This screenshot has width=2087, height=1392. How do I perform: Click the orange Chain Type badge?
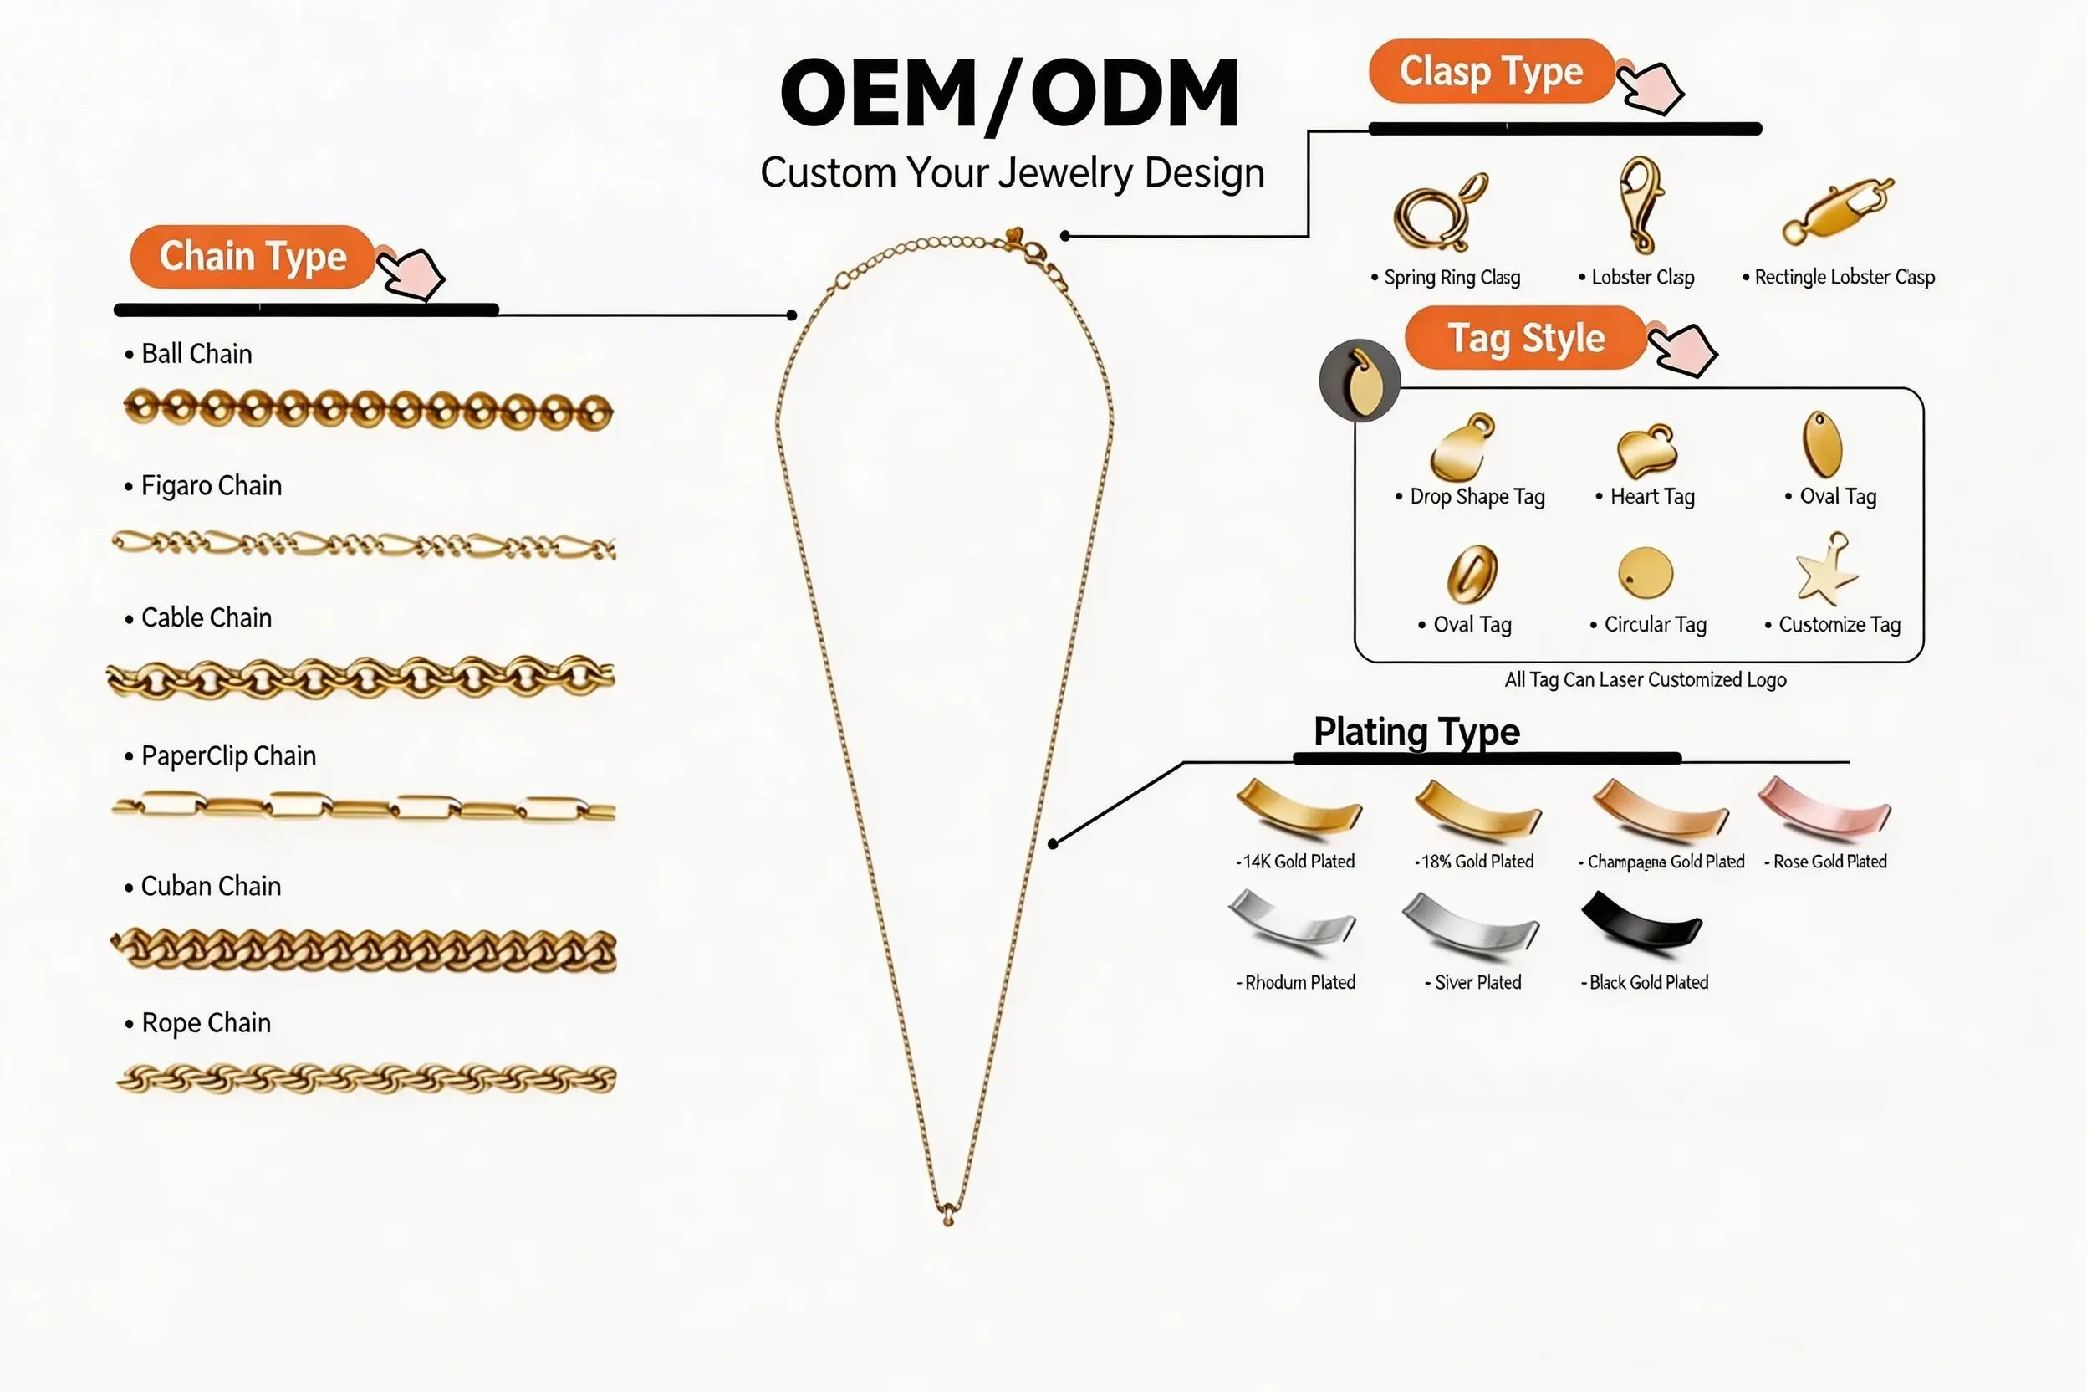(x=252, y=257)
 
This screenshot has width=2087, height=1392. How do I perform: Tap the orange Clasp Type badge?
(x=1491, y=71)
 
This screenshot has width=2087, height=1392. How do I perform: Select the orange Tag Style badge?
(x=1526, y=337)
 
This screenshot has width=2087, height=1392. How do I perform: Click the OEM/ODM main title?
(x=1010, y=93)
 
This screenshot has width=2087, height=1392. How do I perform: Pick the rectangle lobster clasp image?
(x=1837, y=212)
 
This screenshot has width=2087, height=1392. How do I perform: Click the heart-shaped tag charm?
(x=1647, y=451)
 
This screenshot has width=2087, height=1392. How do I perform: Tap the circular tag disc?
(x=1646, y=572)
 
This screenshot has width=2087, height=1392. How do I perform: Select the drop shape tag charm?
(x=1460, y=448)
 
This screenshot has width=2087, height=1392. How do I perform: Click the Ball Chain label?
(x=196, y=353)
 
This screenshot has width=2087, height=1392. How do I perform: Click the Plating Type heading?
(x=1416, y=731)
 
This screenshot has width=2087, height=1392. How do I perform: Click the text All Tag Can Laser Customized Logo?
(x=1646, y=680)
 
